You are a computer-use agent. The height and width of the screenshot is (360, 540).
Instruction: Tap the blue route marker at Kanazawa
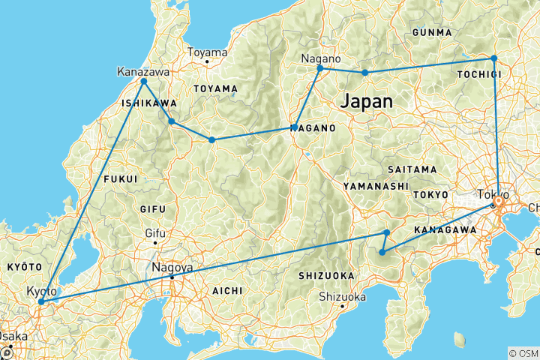click(143, 81)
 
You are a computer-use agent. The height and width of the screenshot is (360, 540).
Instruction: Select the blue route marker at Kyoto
click(41, 301)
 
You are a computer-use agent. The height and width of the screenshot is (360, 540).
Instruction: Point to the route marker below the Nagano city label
click(320, 68)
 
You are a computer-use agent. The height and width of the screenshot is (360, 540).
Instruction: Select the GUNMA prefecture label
click(432, 32)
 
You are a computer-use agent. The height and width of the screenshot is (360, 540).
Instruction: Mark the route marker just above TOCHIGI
click(493, 58)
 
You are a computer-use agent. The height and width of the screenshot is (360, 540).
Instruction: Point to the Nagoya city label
click(172, 267)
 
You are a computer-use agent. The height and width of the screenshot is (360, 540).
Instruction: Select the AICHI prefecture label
click(226, 289)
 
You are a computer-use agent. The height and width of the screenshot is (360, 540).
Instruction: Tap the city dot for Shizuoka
click(342, 306)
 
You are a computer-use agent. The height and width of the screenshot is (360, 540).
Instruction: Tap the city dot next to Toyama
click(206, 61)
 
